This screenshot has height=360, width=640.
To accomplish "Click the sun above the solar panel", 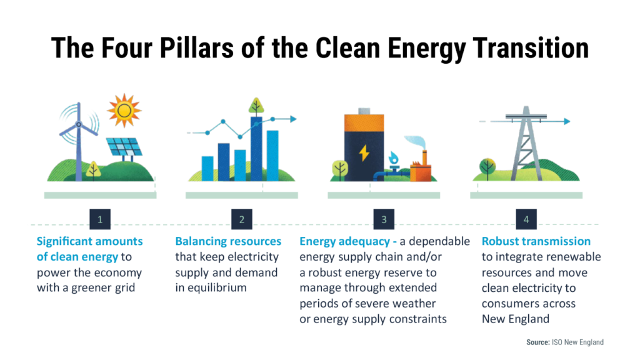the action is click(124, 110).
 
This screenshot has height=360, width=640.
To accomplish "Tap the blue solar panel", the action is click(124, 147).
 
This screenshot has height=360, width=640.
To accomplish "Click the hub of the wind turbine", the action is click(79, 124).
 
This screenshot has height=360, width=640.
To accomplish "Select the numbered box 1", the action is click(100, 219).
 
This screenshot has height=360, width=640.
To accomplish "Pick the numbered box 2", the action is click(242, 219).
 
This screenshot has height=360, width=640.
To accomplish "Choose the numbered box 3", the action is click(384, 219).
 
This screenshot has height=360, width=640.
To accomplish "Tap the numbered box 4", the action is click(526, 219).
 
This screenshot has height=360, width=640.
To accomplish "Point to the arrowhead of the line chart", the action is click(293, 119).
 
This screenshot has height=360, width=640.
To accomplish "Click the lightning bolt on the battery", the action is click(364, 152).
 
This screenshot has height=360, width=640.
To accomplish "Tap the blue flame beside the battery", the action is click(394, 157).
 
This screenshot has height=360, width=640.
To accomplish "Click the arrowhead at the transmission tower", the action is click(567, 121).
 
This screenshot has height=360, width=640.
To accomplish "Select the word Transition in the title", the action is click(531, 48).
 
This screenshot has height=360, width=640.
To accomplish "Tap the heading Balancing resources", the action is click(228, 241).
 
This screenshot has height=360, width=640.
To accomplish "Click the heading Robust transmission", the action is click(536, 241).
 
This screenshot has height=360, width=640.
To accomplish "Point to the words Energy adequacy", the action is click(344, 242).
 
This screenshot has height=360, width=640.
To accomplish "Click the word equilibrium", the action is click(217, 288).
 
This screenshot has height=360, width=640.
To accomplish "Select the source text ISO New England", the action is click(577, 342).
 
